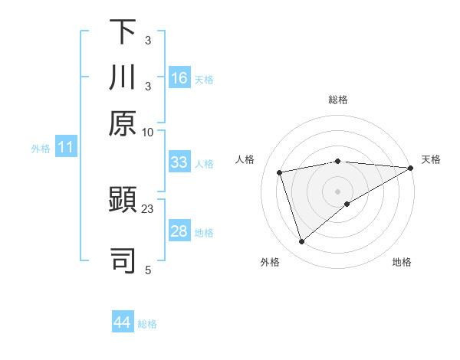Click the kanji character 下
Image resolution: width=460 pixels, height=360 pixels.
pyautogui.click(x=123, y=32)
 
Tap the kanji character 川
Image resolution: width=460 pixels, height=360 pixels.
pyautogui.click(x=123, y=77)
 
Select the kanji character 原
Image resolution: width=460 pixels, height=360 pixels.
pyautogui.click(x=123, y=123)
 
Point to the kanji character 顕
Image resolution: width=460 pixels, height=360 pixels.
pyautogui.click(x=123, y=201)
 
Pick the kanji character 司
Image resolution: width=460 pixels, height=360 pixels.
pyautogui.click(x=123, y=260)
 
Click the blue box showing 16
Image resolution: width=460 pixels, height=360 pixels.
pyautogui.click(x=179, y=78)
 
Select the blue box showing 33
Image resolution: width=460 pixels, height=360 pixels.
pyautogui.click(x=179, y=162)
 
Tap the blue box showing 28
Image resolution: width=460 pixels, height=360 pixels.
pyautogui.click(x=179, y=231)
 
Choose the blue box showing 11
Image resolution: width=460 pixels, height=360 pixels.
pyautogui.click(x=66, y=148)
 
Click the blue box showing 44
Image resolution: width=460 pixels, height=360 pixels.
pyautogui.click(x=123, y=322)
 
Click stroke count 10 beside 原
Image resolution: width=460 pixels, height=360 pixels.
pyautogui.click(x=148, y=132)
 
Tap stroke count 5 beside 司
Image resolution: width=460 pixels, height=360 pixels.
pyautogui.click(x=148, y=269)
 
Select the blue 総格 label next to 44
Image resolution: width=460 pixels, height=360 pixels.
pyautogui.click(x=147, y=324)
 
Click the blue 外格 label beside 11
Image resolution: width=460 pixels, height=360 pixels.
pyautogui.click(x=41, y=149)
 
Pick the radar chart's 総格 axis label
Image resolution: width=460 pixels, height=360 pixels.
pyautogui.click(x=338, y=100)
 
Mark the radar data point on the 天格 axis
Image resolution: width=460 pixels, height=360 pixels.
pyautogui.click(x=410, y=169)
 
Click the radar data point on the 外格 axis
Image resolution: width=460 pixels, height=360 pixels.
pyautogui.click(x=301, y=242)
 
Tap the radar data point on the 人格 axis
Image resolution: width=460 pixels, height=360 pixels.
pyautogui.click(x=280, y=172)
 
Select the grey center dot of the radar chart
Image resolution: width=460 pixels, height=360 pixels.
pyautogui.click(x=338, y=191)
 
